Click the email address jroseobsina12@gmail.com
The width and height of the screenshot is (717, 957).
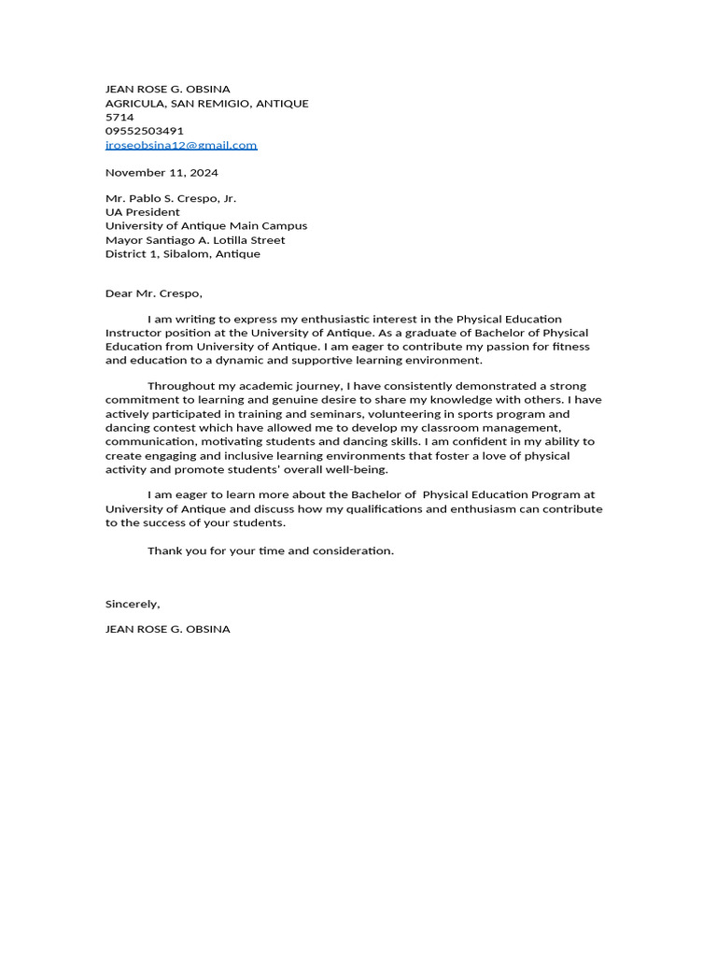pyautogui.click(x=181, y=145)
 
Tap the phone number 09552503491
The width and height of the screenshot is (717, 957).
pyautogui.click(x=145, y=131)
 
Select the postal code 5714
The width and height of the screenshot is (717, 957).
pyautogui.click(x=119, y=117)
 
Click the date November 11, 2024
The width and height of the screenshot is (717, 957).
pyautogui.click(x=162, y=172)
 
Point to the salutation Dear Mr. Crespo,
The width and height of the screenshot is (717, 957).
pyautogui.click(x=153, y=293)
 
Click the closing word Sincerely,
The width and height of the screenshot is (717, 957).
pyautogui.click(x=133, y=604)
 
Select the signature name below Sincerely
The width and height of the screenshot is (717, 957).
pyautogui.click(x=167, y=629)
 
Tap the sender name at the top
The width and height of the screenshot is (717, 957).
pyautogui.click(x=167, y=89)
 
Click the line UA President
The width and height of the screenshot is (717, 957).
pyautogui.click(x=142, y=212)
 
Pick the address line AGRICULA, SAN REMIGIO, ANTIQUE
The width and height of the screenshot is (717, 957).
pyautogui.click(x=206, y=103)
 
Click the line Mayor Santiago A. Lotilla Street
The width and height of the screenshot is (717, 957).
pyautogui.click(x=195, y=240)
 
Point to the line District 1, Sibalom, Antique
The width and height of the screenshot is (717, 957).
pyautogui.click(x=183, y=254)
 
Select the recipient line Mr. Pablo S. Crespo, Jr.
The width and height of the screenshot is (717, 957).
pyautogui.click(x=171, y=198)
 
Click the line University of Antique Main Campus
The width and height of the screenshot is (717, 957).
pyautogui.click(x=206, y=226)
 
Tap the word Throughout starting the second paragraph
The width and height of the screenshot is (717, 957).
pyautogui.click(x=179, y=386)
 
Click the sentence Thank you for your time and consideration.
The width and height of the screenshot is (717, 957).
pyautogui.click(x=271, y=550)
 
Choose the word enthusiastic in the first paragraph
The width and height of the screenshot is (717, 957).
pyautogui.click(x=316, y=319)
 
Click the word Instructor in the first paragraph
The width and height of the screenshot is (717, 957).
pyautogui.click(x=134, y=333)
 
